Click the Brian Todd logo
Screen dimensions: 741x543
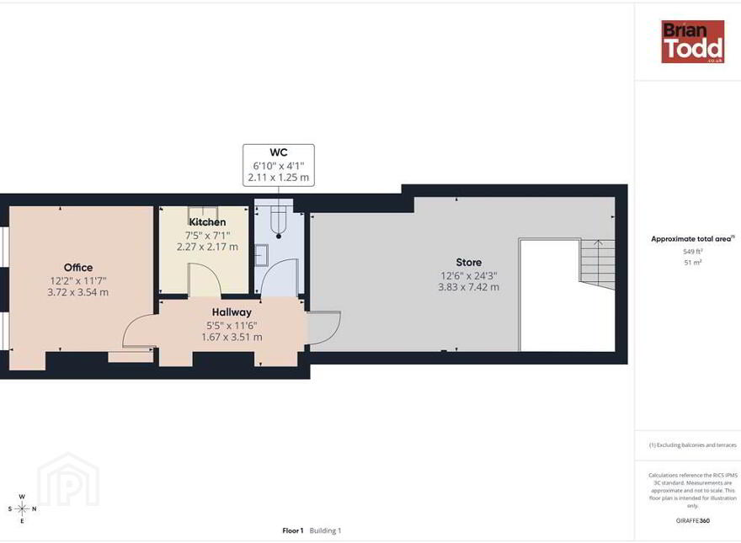coord(692,41)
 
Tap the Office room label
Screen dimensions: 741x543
coord(78,268)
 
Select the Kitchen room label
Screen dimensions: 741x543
coord(207,222)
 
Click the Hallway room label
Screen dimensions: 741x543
coord(232,312)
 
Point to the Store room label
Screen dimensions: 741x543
coord(469,263)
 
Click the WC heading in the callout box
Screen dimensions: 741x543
coord(279,152)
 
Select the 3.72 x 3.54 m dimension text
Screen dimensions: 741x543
coord(78,292)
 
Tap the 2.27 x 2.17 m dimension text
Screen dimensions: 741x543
coord(207,247)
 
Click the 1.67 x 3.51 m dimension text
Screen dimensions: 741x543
coord(232,337)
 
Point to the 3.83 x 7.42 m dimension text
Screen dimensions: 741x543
coord(469,287)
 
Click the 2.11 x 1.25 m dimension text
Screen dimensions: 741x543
coord(279,178)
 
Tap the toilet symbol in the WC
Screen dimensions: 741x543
coord(279,221)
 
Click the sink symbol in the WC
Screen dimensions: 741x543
coord(261,256)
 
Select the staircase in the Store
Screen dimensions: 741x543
coord(597,264)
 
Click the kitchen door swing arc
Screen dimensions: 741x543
coord(205,279)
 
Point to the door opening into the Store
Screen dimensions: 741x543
coord(324,329)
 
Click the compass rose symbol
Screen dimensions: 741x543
coord(22,509)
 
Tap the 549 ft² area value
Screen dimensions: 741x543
coord(693,252)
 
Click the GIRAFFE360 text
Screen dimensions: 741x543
coord(693,521)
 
